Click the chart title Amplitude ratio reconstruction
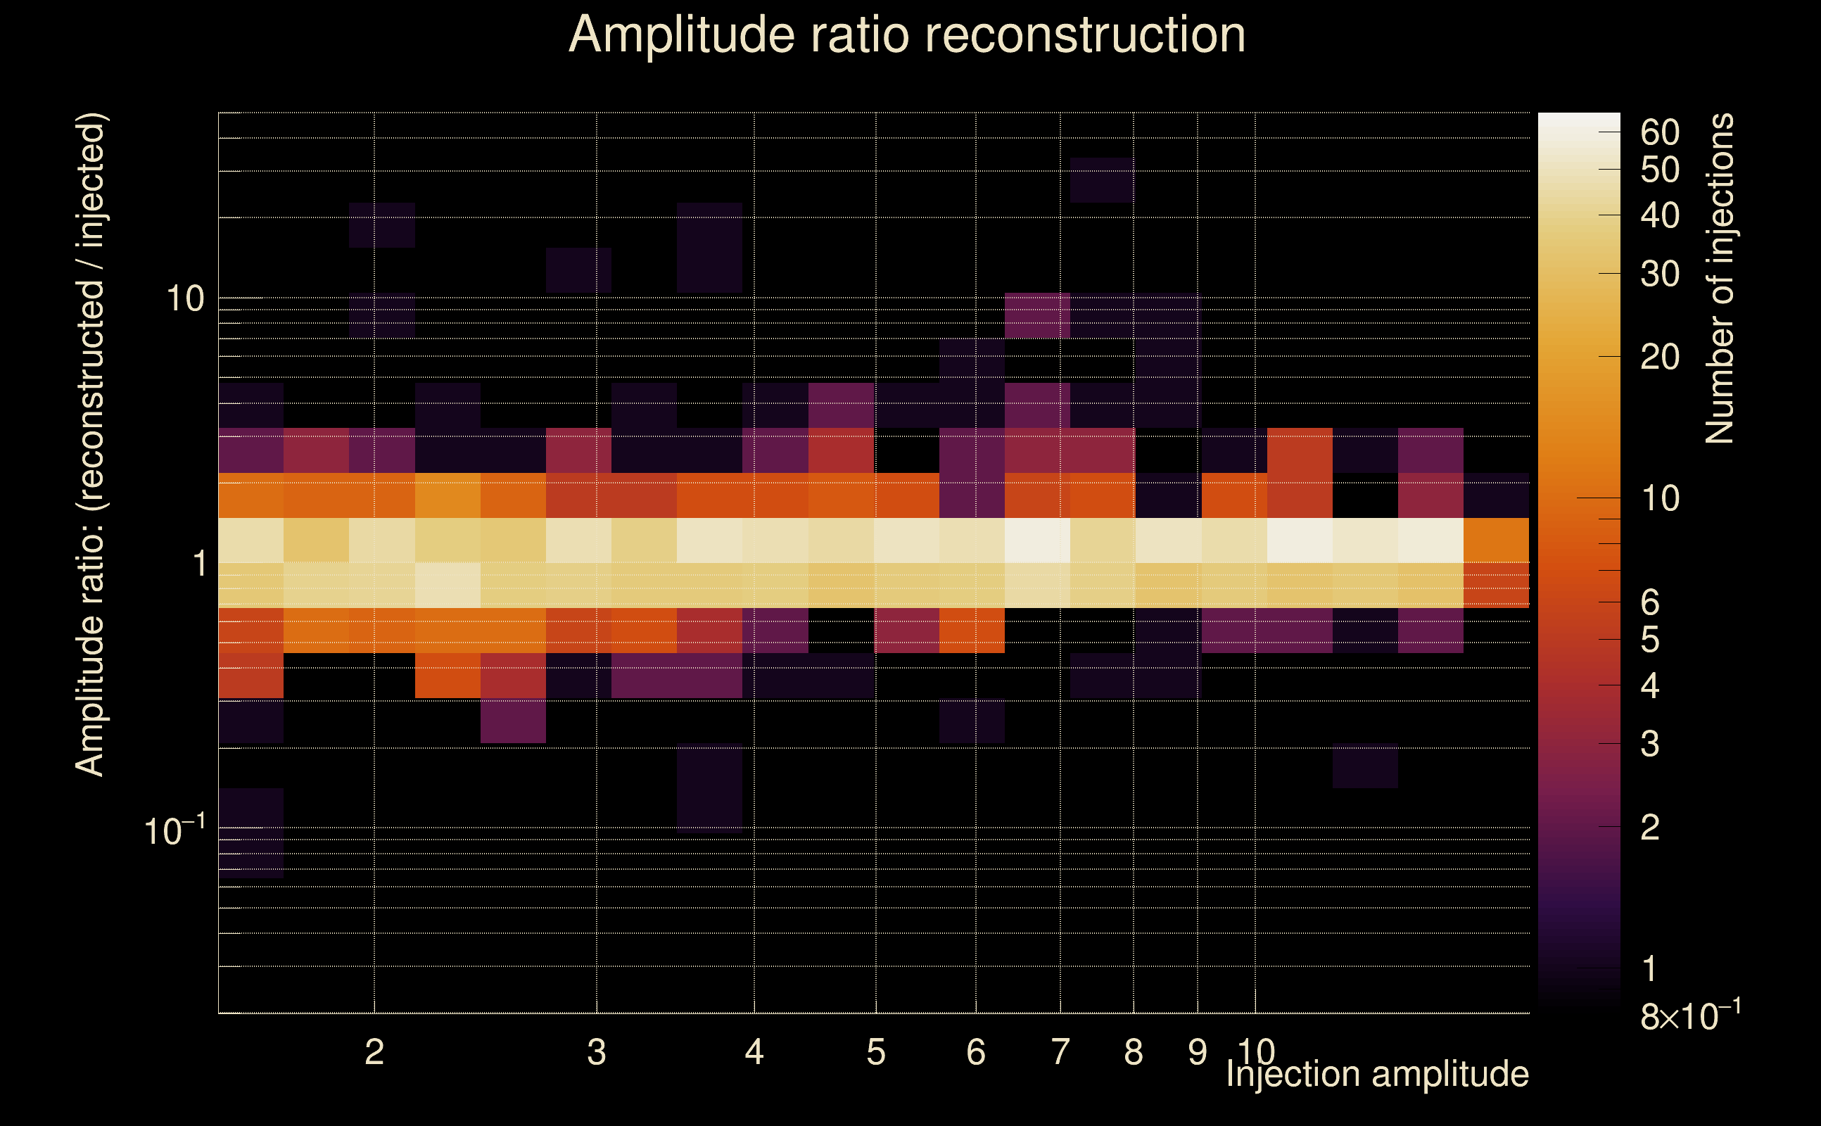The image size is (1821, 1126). point(907,35)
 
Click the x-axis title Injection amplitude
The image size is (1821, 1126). point(1377,1074)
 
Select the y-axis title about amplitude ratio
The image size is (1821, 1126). point(91,445)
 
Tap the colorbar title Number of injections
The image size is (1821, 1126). point(1720,279)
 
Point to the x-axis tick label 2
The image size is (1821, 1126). point(374,1052)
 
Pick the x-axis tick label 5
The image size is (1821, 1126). point(875,1052)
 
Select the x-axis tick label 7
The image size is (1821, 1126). point(1060,1052)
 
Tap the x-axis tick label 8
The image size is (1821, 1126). point(1133,1052)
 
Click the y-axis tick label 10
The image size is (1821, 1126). point(184,299)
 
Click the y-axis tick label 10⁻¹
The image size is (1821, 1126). point(175,831)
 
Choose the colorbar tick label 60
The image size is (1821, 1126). point(1659,132)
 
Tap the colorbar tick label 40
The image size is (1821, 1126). point(1659,216)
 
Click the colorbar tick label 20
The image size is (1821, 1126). point(1659,358)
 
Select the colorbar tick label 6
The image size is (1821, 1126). point(1650,602)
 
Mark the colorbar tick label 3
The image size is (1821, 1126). point(1650,744)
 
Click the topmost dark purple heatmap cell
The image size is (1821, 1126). point(1101,179)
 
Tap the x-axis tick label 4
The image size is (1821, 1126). point(754,1052)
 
